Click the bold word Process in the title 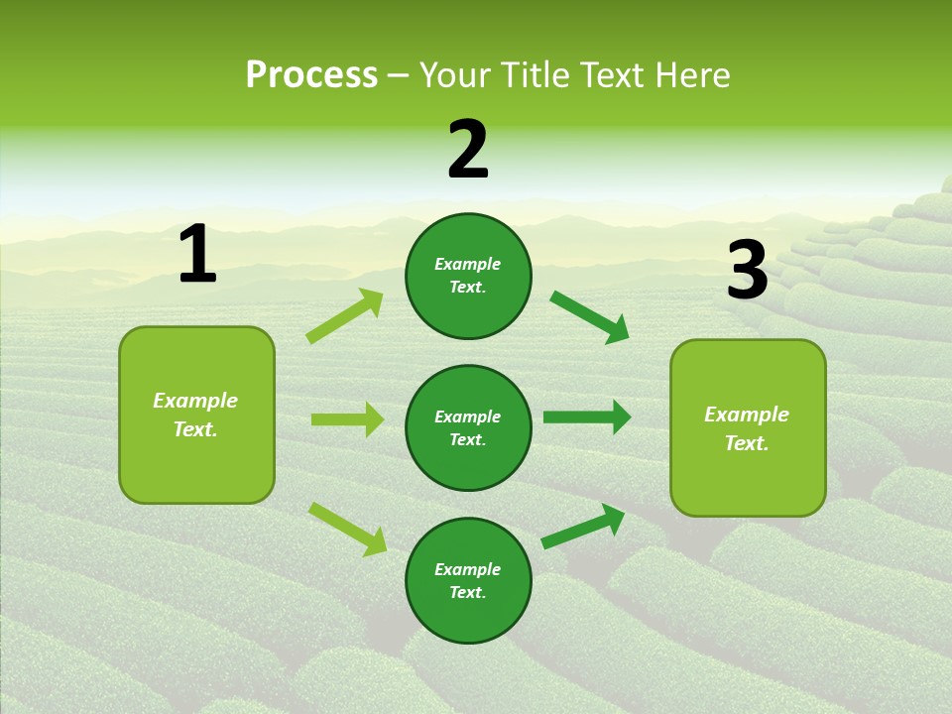(x=311, y=75)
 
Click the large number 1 (x=197, y=254)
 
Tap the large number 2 (x=468, y=150)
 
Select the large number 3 (x=747, y=271)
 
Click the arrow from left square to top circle (x=345, y=316)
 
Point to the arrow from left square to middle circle (x=347, y=419)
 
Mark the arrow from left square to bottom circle (x=347, y=528)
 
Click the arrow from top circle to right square (x=589, y=316)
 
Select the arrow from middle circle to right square (x=587, y=417)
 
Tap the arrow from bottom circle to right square (x=583, y=527)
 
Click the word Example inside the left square (x=195, y=401)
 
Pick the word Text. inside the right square (x=747, y=443)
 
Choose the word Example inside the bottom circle (x=468, y=569)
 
